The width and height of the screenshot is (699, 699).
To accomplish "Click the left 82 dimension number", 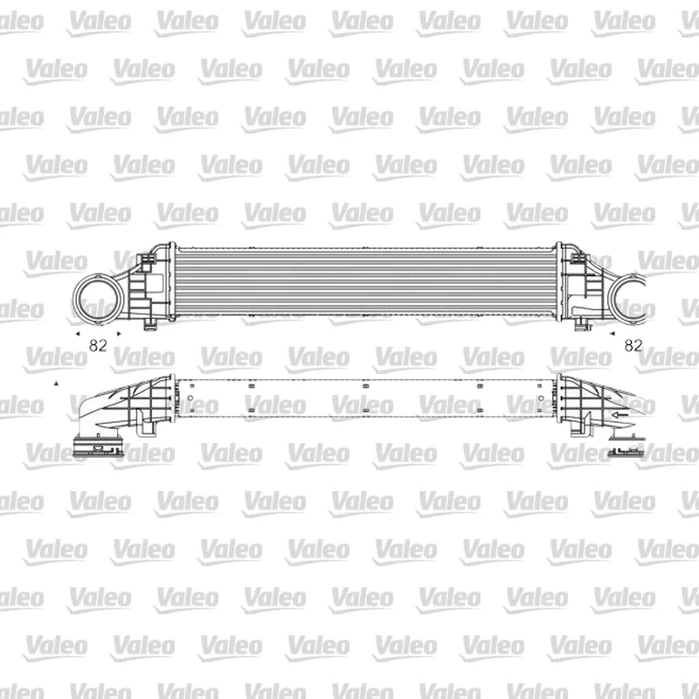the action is pyautogui.click(x=98, y=345).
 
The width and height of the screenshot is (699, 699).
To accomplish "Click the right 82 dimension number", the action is pyautogui.click(x=633, y=345).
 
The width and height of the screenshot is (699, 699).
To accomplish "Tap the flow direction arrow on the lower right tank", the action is pyautogui.click(x=619, y=414).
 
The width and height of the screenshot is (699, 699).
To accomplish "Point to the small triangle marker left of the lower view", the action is pyautogui.click(x=56, y=383).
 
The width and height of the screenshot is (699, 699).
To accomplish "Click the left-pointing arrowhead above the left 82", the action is pyautogui.click(x=78, y=334).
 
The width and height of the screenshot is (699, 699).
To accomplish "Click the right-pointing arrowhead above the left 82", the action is pyautogui.click(x=119, y=334).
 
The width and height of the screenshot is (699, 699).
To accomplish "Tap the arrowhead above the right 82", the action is pyautogui.click(x=612, y=334).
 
